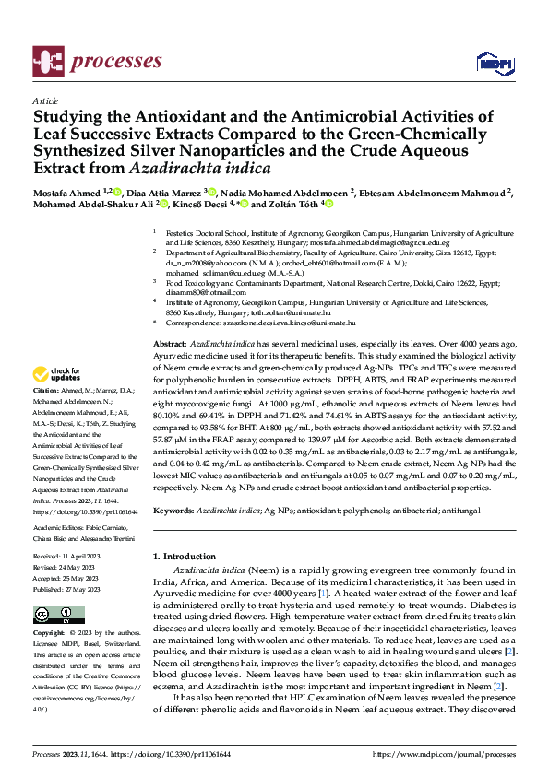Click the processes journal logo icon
pyautogui.click(x=48, y=62)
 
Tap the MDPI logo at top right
pyautogui.click(x=494, y=63)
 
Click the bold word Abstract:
pyautogui.click(x=172, y=342)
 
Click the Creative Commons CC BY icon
pyautogui.click(x=54, y=615)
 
